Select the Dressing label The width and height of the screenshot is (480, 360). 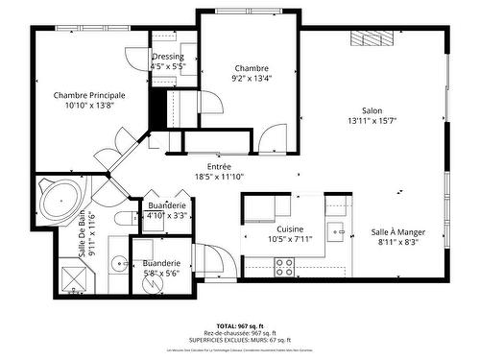(168, 58)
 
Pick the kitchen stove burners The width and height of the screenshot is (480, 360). (286, 267)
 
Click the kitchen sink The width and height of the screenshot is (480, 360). (336, 230)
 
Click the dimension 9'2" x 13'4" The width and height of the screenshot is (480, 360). (252, 80)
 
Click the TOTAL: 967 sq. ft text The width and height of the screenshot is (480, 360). (240, 326)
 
